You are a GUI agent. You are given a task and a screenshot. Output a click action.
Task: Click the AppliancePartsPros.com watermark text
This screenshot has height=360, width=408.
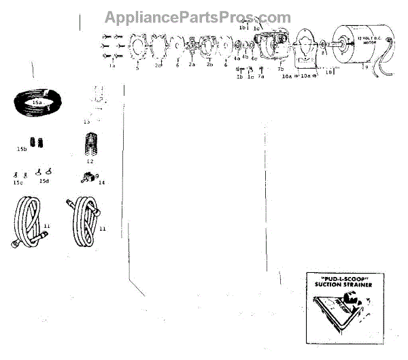tap(197, 18)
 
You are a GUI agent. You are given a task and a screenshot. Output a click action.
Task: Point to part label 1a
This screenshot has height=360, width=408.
tap(112, 67)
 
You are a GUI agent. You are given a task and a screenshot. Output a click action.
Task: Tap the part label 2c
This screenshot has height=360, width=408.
tap(158, 66)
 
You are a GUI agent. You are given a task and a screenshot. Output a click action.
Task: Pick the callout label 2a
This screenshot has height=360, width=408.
tap(192, 66)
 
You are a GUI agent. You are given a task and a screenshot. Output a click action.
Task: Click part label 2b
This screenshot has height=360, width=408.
tap(209, 65)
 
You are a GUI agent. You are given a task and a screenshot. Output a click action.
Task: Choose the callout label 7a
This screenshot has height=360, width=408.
tap(260, 77)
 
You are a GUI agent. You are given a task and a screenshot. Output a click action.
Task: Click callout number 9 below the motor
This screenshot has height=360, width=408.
tap(365, 68)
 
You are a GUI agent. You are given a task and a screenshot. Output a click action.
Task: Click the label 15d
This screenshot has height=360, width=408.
tap(45, 182)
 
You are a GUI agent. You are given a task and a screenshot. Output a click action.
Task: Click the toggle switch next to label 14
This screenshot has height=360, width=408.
tap(86, 177)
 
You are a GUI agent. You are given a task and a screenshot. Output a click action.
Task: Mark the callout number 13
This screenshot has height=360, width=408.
tap(86, 122)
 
